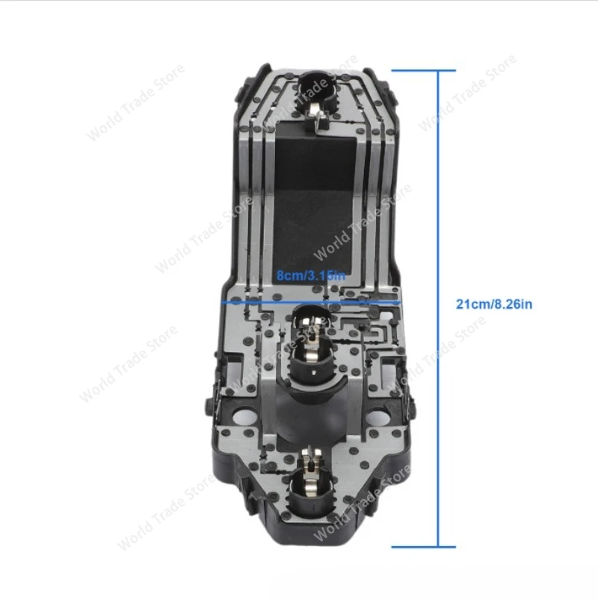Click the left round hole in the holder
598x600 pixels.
coord(244,414)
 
